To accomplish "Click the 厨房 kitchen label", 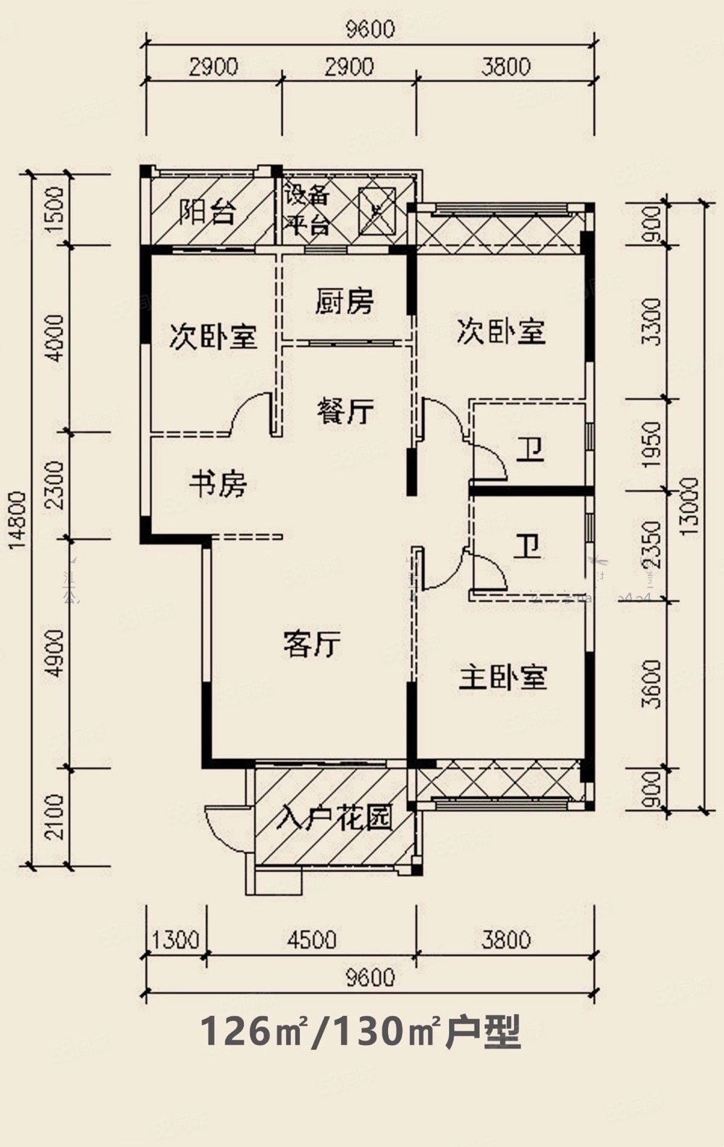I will pos(345,301).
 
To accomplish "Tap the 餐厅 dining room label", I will pos(345,411).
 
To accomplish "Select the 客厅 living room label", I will pos(312,643).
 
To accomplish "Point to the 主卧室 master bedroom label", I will pos(502,677).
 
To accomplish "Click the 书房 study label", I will pos(218,483).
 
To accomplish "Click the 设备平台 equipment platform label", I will pos(307,210).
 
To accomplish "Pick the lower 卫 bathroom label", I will pos(527,546).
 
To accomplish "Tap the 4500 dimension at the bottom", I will pos(311,939).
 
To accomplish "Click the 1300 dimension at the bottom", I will pos(176,939).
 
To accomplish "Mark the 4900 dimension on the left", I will pos(54,653).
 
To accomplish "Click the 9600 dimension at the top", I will pos(370,30).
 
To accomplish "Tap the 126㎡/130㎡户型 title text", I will pos(360,1031).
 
